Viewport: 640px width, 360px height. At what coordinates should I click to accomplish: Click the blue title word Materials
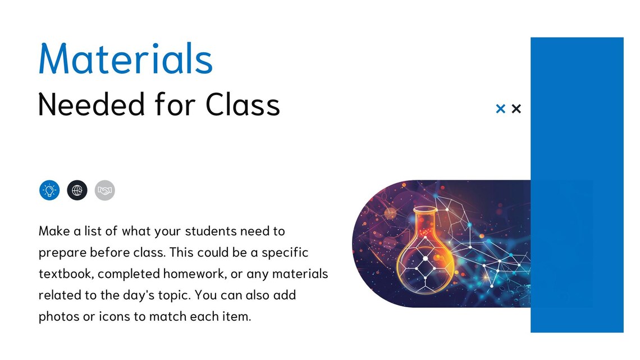126,58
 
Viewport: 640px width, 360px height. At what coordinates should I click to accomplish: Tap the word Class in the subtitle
243,104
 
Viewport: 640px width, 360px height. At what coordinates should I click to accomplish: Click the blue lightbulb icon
49,190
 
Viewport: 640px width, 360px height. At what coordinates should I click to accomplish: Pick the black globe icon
77,190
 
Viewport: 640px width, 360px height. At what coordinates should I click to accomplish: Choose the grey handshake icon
105,190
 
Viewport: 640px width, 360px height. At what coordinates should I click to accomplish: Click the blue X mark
501,108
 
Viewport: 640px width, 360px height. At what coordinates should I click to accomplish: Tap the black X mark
516,108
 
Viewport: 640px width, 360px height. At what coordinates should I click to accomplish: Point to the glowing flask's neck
424,224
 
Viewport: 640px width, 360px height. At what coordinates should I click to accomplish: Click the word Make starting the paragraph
52,231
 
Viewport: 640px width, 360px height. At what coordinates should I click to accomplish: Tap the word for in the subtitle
171,104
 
